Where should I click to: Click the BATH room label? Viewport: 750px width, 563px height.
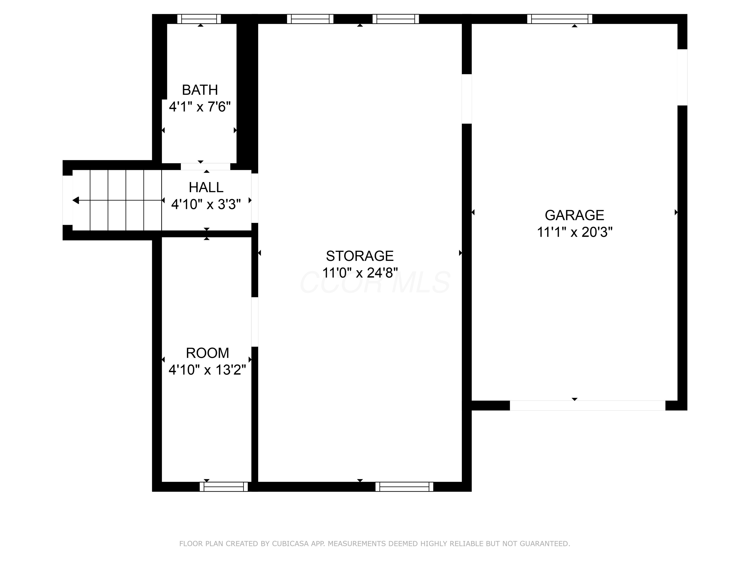[x=200, y=90]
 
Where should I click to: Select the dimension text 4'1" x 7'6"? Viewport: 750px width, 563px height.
[x=200, y=107]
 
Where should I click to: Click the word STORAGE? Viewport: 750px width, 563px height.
[x=360, y=256]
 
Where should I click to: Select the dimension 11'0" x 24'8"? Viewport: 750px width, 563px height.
[x=360, y=273]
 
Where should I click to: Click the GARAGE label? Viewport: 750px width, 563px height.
[x=574, y=215]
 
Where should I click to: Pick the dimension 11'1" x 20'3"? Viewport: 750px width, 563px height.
[x=574, y=232]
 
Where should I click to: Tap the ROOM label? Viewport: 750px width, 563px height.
[x=207, y=353]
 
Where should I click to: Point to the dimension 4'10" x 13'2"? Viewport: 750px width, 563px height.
[x=207, y=370]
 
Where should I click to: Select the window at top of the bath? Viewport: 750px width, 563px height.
[x=199, y=19]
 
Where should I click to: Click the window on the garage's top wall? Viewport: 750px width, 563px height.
[x=559, y=19]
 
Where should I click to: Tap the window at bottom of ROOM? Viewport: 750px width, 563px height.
[x=224, y=487]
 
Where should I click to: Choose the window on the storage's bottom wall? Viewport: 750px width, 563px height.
[x=404, y=487]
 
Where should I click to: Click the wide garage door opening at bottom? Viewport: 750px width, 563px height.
[x=587, y=406]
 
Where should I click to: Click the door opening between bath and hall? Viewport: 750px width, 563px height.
[x=205, y=167]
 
